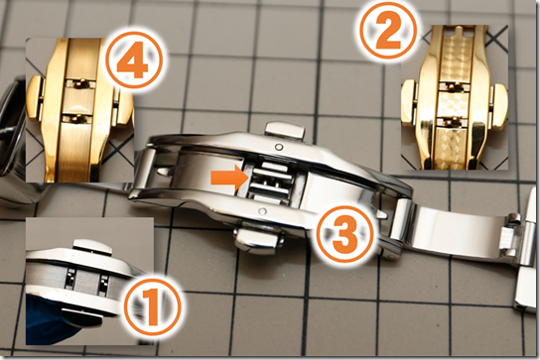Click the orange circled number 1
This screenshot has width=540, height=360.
(x=152, y=303)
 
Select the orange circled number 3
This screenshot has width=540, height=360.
(x=344, y=234)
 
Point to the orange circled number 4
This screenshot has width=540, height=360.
(x=134, y=60)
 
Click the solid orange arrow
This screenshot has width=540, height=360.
(x=228, y=178)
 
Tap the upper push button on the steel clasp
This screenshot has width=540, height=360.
(x=285, y=131)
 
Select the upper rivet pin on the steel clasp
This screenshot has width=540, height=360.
(x=279, y=148)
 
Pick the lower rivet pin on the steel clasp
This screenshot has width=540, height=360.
(x=262, y=210)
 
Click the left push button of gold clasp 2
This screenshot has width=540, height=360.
(x=411, y=102)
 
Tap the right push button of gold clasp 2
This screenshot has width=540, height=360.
(x=499, y=105)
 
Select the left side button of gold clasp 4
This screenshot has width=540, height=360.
(x=35, y=98)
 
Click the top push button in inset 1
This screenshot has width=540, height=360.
(x=92, y=248)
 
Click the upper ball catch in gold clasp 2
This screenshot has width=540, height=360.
(x=454, y=86)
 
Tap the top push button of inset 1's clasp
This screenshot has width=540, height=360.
(x=92, y=248)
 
